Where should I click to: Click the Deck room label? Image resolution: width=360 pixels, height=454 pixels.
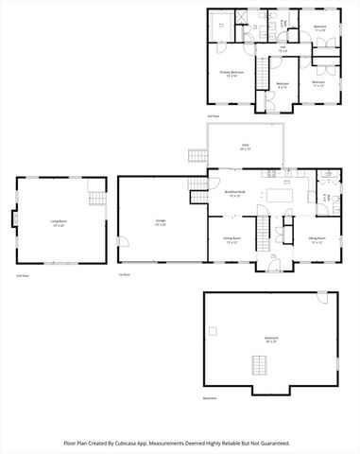245,146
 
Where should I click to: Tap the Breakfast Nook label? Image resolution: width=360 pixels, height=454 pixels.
235,193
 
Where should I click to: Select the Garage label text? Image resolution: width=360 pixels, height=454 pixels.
161,222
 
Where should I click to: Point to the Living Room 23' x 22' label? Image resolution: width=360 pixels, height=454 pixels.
58,224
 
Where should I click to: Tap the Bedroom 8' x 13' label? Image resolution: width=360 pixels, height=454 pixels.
282,84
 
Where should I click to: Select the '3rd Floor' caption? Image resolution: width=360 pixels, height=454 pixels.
214,116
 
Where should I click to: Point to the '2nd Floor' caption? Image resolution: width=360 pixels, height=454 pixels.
22,276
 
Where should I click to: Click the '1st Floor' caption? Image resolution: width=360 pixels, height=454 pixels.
124,276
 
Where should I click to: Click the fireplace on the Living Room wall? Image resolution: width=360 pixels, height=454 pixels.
14,220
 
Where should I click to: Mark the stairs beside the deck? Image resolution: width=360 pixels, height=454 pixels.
197,155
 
